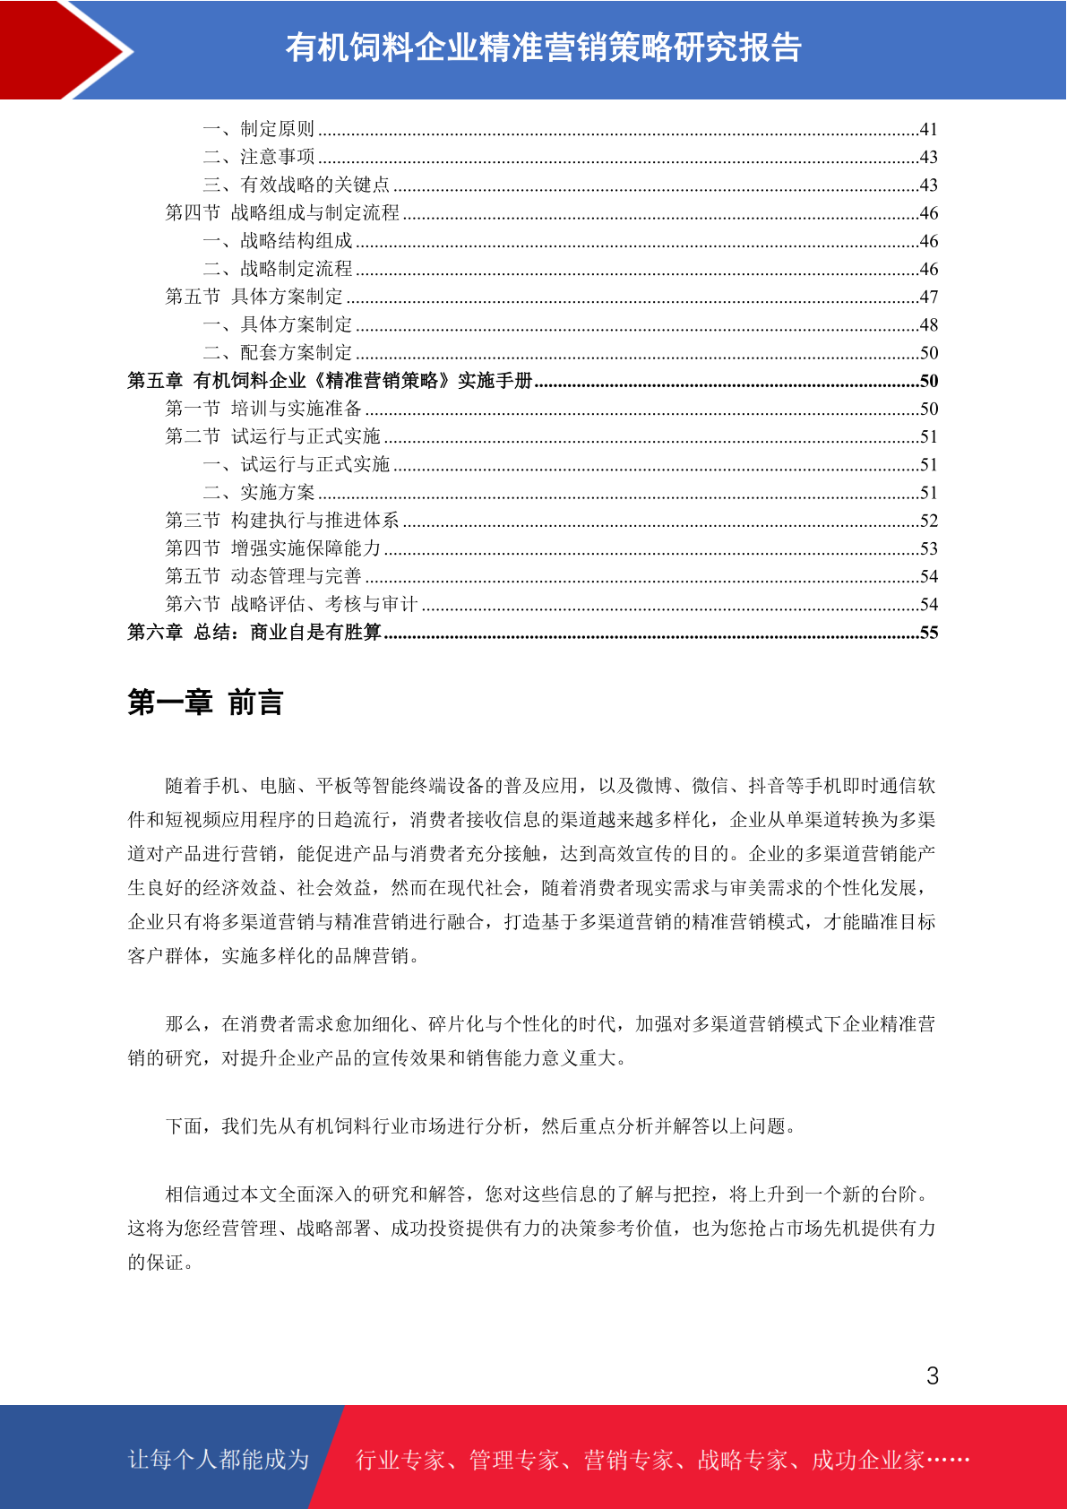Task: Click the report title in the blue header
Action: (543, 48)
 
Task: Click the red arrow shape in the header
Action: (63, 49)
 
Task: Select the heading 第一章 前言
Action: (205, 703)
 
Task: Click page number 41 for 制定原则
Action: (928, 129)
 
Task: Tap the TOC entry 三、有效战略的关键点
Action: (296, 185)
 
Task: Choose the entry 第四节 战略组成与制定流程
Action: (282, 212)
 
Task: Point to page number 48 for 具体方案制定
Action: (928, 324)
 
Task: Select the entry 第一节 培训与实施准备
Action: (263, 409)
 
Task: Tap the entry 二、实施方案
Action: (259, 492)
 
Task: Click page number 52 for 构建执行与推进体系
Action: (928, 521)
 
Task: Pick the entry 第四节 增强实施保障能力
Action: (273, 548)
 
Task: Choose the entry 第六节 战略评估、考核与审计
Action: (292, 604)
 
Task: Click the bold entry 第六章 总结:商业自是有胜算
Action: (254, 633)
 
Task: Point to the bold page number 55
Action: (928, 633)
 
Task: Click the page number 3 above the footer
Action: (932, 1375)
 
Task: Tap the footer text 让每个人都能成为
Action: (219, 1460)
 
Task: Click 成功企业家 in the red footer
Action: (867, 1460)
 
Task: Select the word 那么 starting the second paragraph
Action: (184, 1024)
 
